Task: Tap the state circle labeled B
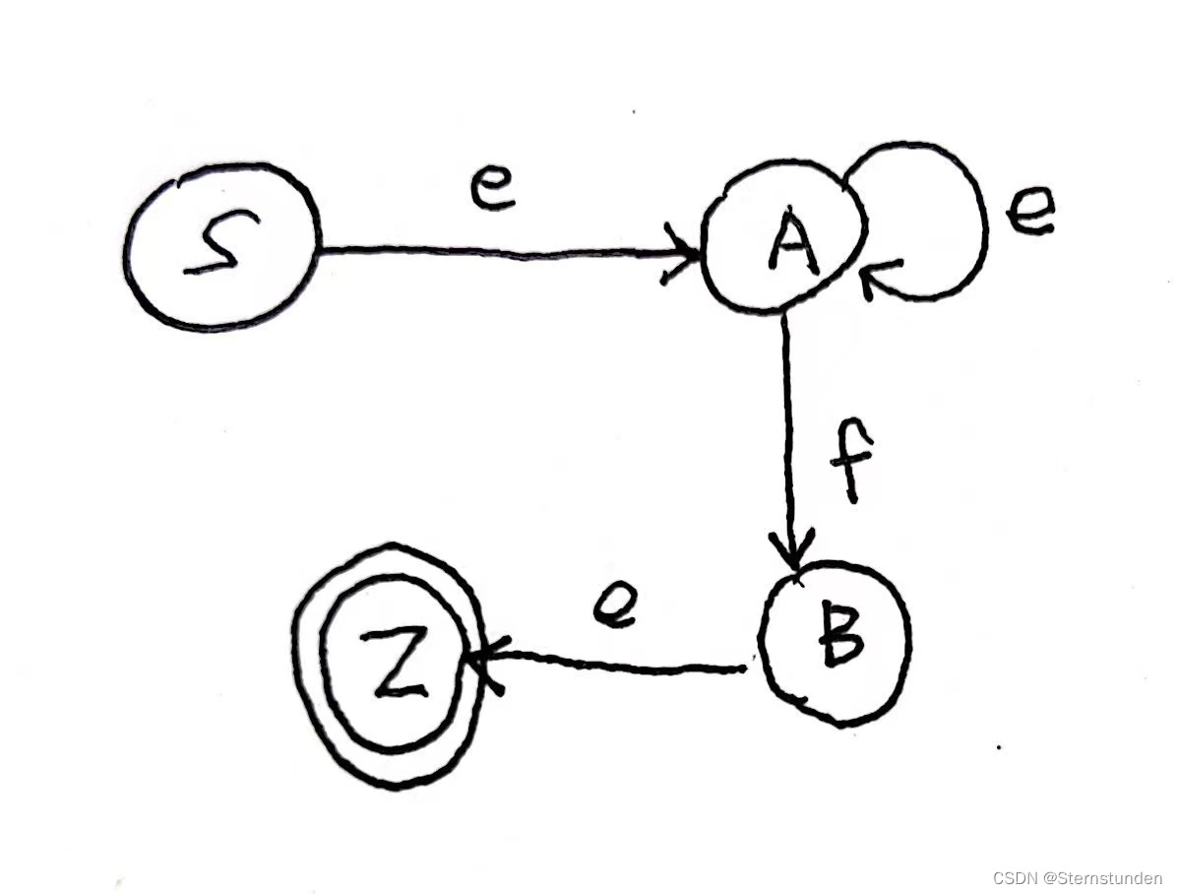(x=836, y=642)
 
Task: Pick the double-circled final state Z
(x=393, y=664)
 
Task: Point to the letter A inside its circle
(x=792, y=241)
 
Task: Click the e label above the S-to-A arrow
(x=492, y=190)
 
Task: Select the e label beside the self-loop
(x=1028, y=212)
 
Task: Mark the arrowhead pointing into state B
(x=793, y=551)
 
